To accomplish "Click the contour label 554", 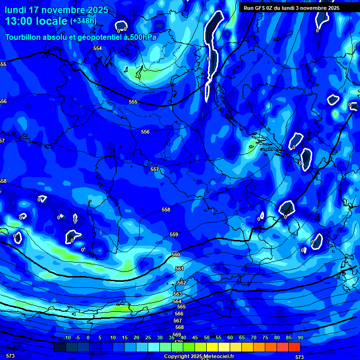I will tap(97, 48).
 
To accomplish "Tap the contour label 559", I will tap(174, 234).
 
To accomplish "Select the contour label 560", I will tap(176, 255).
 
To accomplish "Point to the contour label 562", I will tap(182, 283).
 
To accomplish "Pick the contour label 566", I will tap(179, 314).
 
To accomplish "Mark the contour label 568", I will tap(180, 327).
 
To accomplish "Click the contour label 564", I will tap(177, 301).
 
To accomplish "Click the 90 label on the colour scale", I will tap(300, 337).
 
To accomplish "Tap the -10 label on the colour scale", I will tap(67, 337).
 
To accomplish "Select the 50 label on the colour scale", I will tap(207, 337).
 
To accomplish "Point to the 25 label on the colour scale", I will tap(148, 337).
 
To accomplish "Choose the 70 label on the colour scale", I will tap(254, 337).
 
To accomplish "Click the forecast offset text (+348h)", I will tap(83, 21).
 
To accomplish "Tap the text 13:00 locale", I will tap(37, 21).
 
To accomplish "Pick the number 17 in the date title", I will tap(34, 10).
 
